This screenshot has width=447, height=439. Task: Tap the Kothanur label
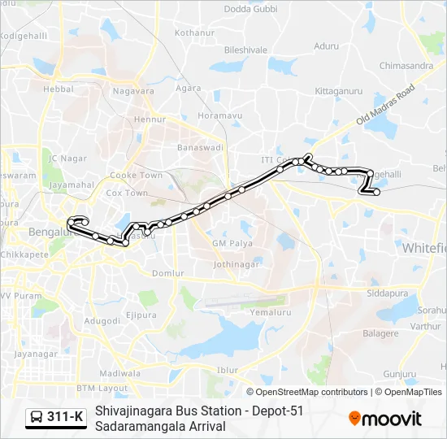coord(193,33)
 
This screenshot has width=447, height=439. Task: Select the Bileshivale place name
coord(245,50)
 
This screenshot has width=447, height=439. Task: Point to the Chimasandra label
coord(406,65)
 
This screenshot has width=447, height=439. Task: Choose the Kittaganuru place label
coord(338,91)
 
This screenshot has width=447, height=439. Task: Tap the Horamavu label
coord(220,116)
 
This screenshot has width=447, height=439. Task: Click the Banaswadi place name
coord(200,148)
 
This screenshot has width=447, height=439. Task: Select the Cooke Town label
coord(136,175)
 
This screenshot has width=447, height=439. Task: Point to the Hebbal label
coord(59,89)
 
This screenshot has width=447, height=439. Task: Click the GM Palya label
coord(232,243)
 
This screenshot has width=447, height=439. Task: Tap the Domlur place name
coord(168,273)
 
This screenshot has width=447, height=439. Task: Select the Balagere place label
coord(380,333)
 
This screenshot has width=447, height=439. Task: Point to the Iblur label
coord(228,370)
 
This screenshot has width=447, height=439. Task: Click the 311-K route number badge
coord(66,417)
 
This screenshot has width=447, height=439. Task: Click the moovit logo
coord(385,418)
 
